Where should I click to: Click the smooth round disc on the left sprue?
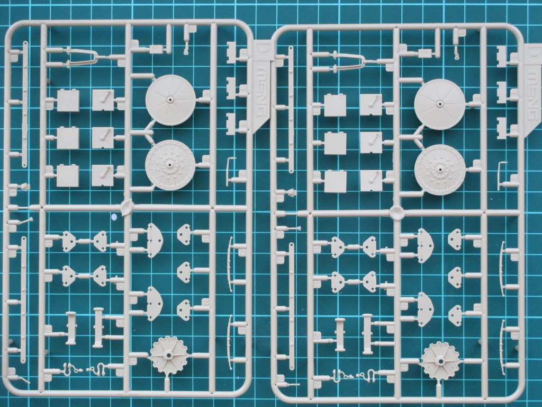pyautogui.click(x=170, y=100)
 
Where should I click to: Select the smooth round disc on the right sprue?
pyautogui.click(x=440, y=104)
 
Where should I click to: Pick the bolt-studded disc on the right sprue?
pyautogui.click(x=440, y=170)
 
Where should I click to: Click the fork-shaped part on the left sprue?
pyautogui.click(x=79, y=56)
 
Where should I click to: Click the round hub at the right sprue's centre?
pyautogui.click(x=397, y=213)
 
